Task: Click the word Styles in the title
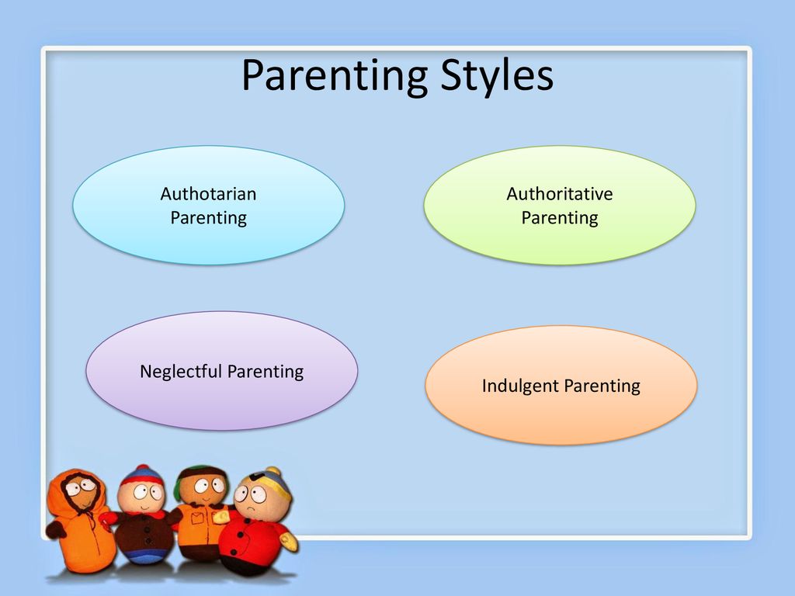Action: [496, 76]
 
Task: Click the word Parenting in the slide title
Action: [335, 76]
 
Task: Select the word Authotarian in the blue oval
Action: [208, 193]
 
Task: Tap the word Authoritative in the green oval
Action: [560, 193]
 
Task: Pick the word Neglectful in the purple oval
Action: [181, 372]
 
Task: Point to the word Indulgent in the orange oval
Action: [520, 386]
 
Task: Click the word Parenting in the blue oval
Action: [208, 218]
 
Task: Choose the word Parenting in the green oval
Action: [560, 218]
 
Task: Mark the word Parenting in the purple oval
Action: [266, 372]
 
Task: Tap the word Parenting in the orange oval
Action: [602, 386]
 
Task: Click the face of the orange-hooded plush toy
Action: [81, 491]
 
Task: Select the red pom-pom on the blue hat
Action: [143, 468]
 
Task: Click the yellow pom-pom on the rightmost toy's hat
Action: [273, 471]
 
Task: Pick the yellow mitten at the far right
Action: [289, 541]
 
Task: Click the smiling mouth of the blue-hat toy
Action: [144, 506]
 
